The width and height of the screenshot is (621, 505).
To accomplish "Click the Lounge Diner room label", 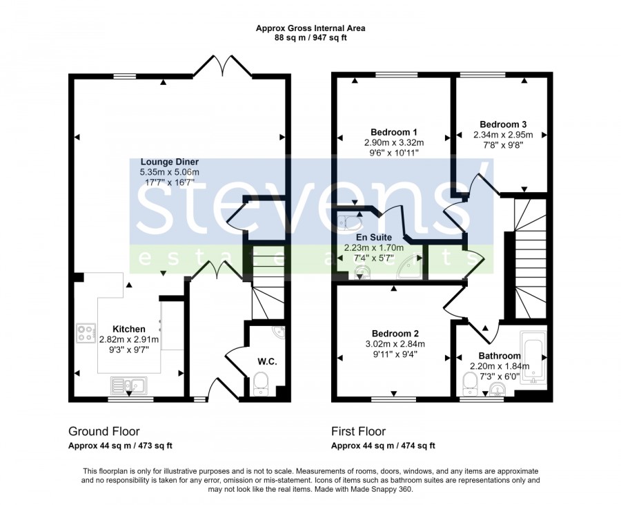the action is (170, 162).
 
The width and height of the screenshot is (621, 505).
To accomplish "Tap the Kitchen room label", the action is (129, 329).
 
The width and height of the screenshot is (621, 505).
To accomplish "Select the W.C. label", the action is (267, 361).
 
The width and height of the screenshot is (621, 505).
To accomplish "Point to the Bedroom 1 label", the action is (394, 132).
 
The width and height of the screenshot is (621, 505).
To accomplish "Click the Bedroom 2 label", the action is (395, 334).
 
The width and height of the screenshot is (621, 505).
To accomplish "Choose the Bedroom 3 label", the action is (503, 124).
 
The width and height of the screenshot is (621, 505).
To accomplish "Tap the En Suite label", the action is (374, 238).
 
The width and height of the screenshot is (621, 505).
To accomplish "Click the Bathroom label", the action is (500, 356).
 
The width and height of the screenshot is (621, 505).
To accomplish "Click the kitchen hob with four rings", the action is (86, 333).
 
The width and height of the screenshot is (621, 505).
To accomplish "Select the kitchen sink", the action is (129, 385).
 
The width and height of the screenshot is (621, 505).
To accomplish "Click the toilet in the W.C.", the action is (260, 383).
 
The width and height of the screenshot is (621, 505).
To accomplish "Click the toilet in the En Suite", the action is (349, 222).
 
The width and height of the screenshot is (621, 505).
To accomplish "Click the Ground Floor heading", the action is (104, 431).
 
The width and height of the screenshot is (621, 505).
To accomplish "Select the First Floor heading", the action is (358, 431).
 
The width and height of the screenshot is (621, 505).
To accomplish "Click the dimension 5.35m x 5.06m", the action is (170, 172).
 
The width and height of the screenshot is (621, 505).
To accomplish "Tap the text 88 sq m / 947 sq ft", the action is (310, 38).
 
